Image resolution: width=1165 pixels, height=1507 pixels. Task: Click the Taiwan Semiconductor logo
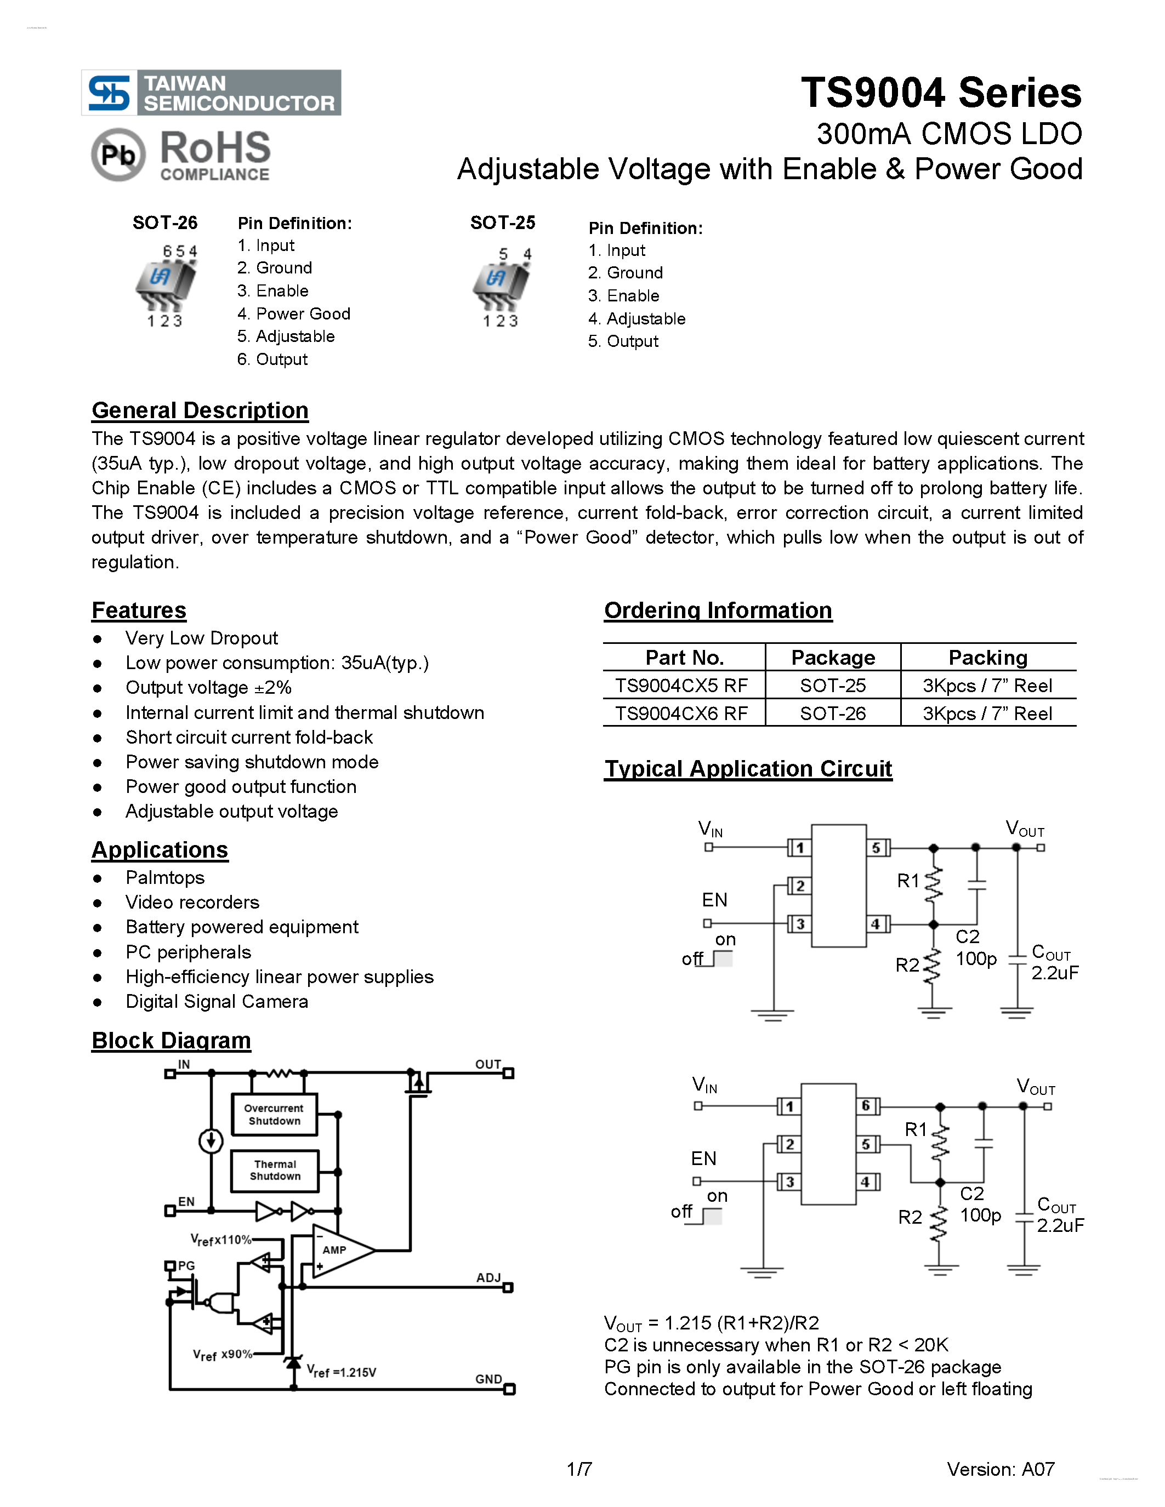coord(211,93)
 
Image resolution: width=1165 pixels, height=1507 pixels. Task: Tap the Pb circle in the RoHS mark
coord(118,155)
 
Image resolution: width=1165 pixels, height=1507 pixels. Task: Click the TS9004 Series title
coord(941,93)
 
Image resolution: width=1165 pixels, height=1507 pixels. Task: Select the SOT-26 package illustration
coord(165,285)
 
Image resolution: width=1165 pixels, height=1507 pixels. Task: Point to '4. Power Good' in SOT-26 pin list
coord(293,313)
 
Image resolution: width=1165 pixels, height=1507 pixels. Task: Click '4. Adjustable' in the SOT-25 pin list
coord(637,319)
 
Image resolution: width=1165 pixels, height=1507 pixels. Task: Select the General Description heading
coord(200,410)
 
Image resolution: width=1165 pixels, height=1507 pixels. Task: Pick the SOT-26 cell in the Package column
coord(832,713)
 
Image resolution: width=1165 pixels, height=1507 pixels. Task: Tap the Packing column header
coord(987,658)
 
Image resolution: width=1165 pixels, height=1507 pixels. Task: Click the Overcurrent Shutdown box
coord(275,1114)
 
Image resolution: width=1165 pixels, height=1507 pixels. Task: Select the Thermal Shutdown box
coord(275,1171)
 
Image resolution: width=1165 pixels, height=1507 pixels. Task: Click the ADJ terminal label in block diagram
coord(488,1278)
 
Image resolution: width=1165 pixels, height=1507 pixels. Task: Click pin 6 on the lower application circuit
coord(866,1106)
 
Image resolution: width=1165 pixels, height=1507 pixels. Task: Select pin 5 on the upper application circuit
coord(876,847)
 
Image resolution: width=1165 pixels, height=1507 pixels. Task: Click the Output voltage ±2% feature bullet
coord(208,687)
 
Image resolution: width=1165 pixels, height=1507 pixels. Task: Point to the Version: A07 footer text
coord(1000,1469)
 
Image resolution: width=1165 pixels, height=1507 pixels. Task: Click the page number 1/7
coord(579,1469)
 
